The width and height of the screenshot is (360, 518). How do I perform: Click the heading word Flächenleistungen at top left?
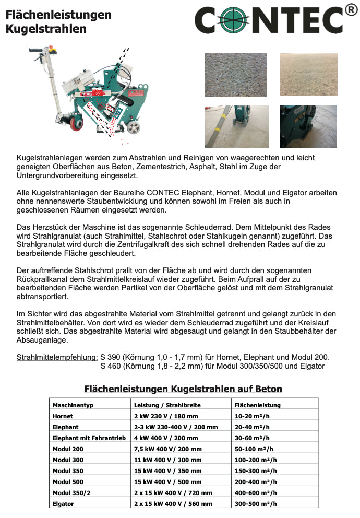coord(58,15)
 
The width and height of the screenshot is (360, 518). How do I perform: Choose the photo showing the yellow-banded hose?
coord(236,126)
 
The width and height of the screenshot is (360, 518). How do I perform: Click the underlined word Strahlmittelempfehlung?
coord(57,357)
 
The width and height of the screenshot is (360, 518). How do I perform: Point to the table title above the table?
coord(183,389)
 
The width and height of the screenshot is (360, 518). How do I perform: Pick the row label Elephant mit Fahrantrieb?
coord(89,438)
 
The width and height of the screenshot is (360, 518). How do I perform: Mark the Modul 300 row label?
coord(68,460)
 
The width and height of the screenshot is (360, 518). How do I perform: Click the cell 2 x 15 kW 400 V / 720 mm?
coord(173,493)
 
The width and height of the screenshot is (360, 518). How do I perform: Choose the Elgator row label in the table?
coord(64,504)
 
